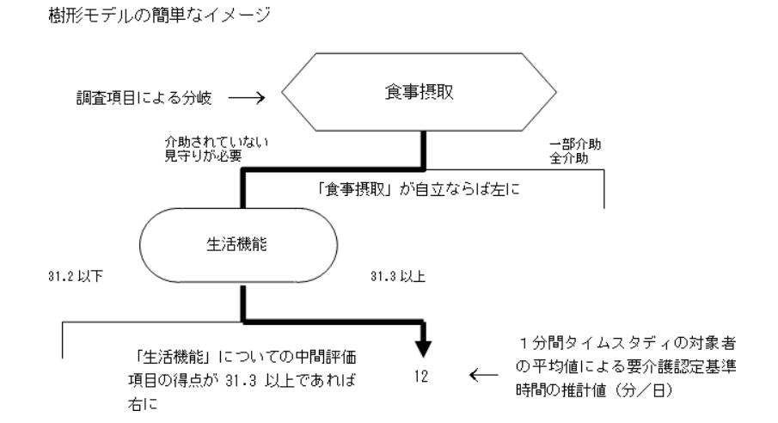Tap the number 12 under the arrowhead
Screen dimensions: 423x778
[421, 376]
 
